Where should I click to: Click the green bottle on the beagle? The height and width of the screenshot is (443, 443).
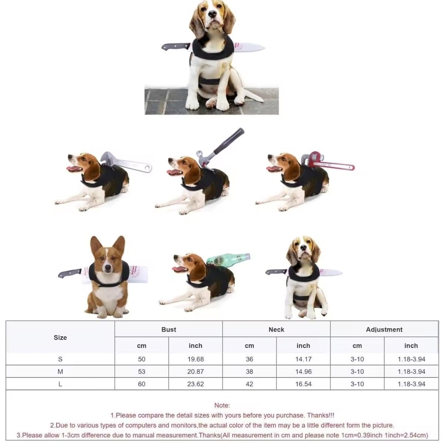228,260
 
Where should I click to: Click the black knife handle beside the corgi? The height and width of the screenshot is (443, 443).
70,273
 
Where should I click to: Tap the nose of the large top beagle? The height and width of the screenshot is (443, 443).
211,14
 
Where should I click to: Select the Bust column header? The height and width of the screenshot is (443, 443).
168,330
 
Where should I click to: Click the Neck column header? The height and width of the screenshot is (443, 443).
276,330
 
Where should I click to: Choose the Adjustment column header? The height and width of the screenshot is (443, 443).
384,330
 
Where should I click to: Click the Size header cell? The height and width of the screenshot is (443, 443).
60,338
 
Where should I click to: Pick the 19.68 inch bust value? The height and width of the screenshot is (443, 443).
195,359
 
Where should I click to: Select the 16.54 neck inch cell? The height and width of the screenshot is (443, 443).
303,384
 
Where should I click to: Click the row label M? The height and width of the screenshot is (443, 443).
60,372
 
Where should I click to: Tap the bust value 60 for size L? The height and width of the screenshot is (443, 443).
141,384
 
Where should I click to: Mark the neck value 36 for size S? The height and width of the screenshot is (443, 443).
249,359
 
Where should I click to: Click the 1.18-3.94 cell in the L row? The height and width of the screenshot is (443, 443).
411,384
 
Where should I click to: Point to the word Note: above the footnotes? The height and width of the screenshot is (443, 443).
222,405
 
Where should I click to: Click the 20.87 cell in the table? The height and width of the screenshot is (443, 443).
195,372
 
